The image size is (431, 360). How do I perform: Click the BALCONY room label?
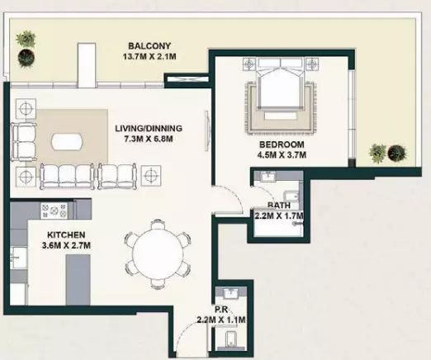pyautogui.click(x=149, y=45)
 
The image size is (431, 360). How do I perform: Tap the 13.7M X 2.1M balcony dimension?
pyautogui.click(x=149, y=57)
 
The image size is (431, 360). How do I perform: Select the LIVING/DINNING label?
pyautogui.click(x=149, y=128)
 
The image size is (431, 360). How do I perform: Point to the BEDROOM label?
pyautogui.click(x=282, y=144)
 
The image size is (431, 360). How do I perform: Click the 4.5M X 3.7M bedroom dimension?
pyautogui.click(x=282, y=155)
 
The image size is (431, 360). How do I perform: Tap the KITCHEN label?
pyautogui.click(x=66, y=234)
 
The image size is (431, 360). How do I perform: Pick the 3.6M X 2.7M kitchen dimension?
pyautogui.click(x=66, y=245)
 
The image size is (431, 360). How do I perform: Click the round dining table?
pyautogui.click(x=158, y=254)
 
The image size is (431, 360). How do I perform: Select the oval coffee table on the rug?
pyautogui.click(x=67, y=142)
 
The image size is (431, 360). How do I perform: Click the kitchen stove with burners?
pyautogui.click(x=54, y=211)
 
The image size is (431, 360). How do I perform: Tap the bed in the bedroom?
pyautogui.click(x=281, y=83)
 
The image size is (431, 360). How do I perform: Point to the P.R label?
pyautogui.click(x=221, y=310)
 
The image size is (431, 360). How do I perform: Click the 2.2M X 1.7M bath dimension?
pyautogui.click(x=279, y=216)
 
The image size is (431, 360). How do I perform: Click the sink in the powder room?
pyautogui.click(x=230, y=293)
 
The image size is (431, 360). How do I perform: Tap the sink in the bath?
pyautogui.click(x=268, y=176)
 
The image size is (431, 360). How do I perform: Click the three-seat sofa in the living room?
pyautogui.click(x=67, y=176)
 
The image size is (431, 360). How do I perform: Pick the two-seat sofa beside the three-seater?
pyautogui.click(x=117, y=177)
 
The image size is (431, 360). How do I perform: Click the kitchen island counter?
pyautogui.click(x=78, y=280)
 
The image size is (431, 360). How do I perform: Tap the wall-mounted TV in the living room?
pyautogui.click(x=206, y=130)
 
